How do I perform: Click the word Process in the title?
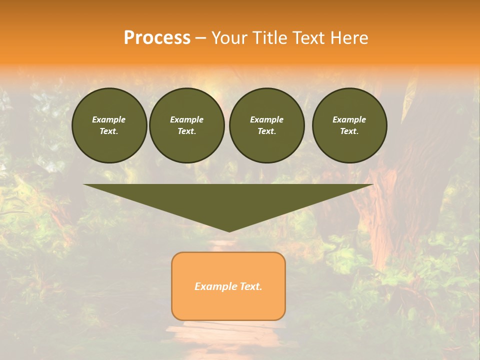click(157, 38)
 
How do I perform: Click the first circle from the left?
click(109, 125)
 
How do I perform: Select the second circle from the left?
click(186, 125)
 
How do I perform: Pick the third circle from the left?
click(266, 125)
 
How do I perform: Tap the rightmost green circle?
click(349, 125)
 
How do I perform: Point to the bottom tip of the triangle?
click(229, 231)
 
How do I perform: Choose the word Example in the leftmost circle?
click(109, 119)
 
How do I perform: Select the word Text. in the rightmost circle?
click(349, 131)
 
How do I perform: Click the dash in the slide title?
click(200, 38)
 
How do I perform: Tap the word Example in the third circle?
click(266, 119)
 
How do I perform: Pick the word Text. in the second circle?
click(186, 131)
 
